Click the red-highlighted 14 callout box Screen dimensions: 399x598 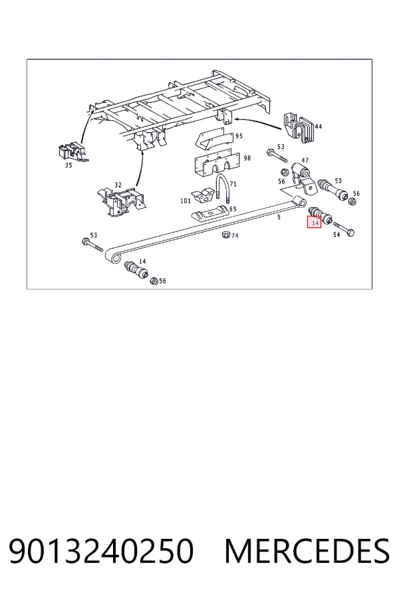click(x=315, y=222)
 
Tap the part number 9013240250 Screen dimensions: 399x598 click(x=101, y=551)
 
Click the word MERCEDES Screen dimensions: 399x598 click(x=307, y=551)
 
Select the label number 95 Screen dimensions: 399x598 click(x=239, y=136)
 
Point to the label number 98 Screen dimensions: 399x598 click(x=247, y=158)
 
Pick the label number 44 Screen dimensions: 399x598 click(x=318, y=126)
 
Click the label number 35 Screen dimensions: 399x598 click(x=68, y=165)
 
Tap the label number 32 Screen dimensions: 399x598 click(x=118, y=185)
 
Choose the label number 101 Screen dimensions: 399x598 click(x=185, y=201)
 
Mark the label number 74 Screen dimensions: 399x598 click(x=235, y=236)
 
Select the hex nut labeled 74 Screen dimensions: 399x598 click(x=225, y=235)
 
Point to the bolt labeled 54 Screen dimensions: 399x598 click(x=344, y=229)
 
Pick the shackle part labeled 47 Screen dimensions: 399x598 click(x=303, y=179)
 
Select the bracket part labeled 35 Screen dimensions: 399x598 click(x=73, y=151)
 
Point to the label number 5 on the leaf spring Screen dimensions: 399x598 click(x=279, y=217)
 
